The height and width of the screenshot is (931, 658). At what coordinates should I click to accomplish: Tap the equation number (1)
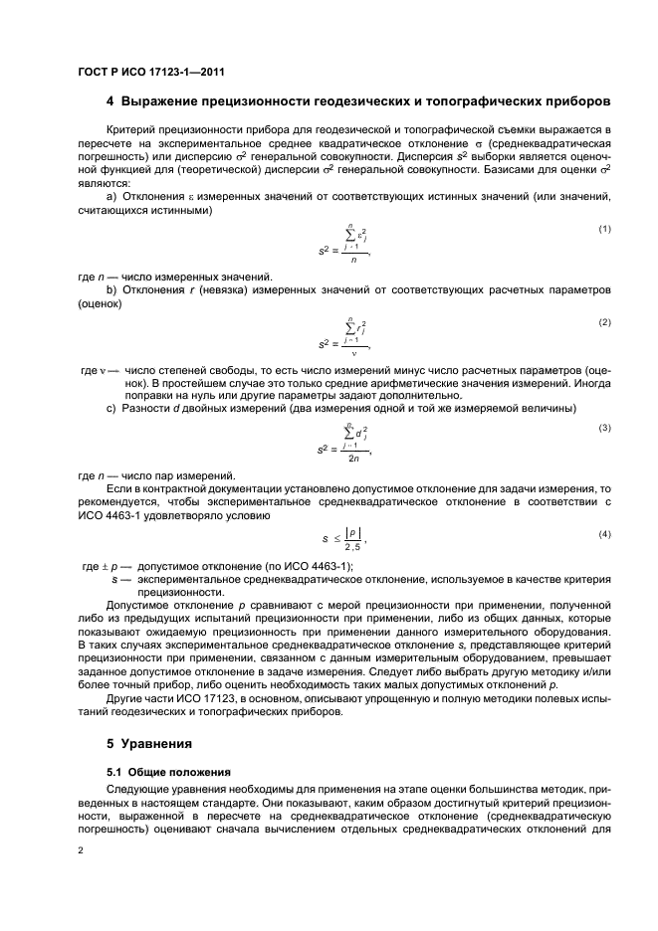603,229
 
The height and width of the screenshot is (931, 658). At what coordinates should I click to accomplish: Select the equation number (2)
603,323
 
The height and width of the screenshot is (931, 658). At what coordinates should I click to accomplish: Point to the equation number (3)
603,428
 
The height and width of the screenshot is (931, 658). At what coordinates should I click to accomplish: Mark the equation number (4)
603,534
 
